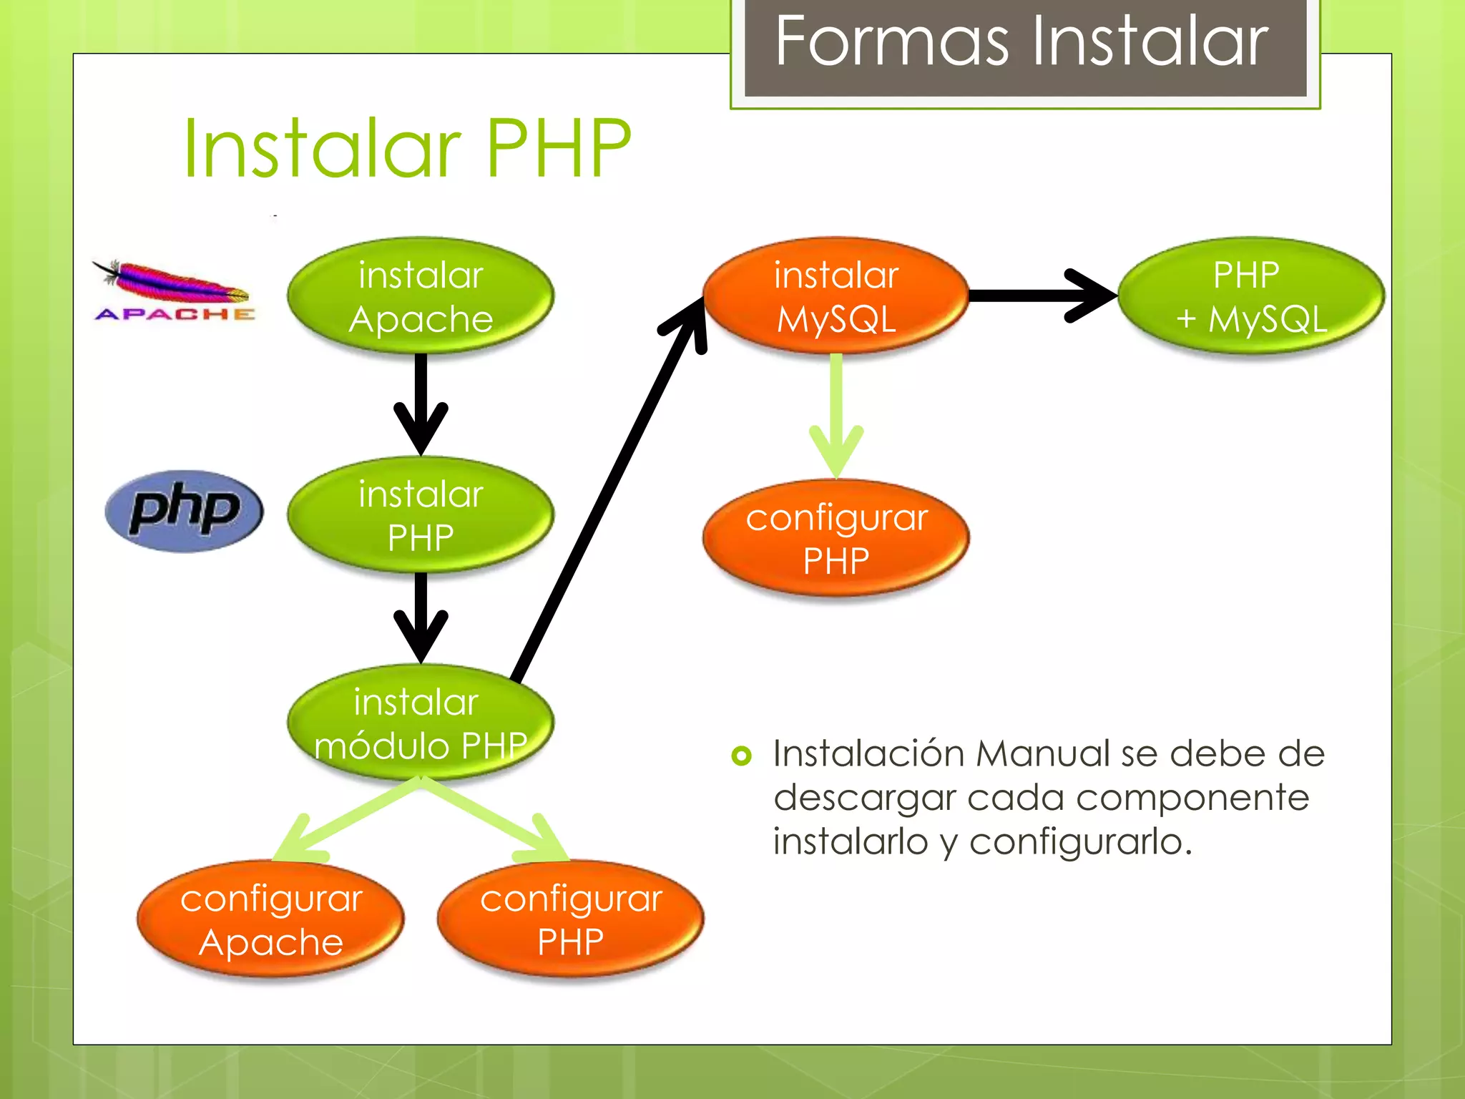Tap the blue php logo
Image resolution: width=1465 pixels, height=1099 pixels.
click(x=185, y=511)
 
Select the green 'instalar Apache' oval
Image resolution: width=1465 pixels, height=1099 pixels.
click(x=421, y=296)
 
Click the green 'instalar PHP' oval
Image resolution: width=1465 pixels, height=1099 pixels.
click(x=421, y=515)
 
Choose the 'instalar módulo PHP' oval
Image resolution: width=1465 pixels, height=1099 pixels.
click(x=421, y=723)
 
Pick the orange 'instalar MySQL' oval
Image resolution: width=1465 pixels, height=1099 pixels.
click(x=836, y=296)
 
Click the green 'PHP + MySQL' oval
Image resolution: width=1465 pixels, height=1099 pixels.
click(x=1251, y=296)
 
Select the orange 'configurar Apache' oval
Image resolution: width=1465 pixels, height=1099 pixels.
click(x=270, y=919)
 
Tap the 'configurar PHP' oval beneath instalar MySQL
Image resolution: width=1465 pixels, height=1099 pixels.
click(x=836, y=538)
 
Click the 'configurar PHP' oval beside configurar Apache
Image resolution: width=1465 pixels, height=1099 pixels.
click(x=570, y=919)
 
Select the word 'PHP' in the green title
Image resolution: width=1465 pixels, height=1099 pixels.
click(x=558, y=148)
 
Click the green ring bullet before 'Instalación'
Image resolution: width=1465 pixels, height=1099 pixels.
click(x=742, y=756)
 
